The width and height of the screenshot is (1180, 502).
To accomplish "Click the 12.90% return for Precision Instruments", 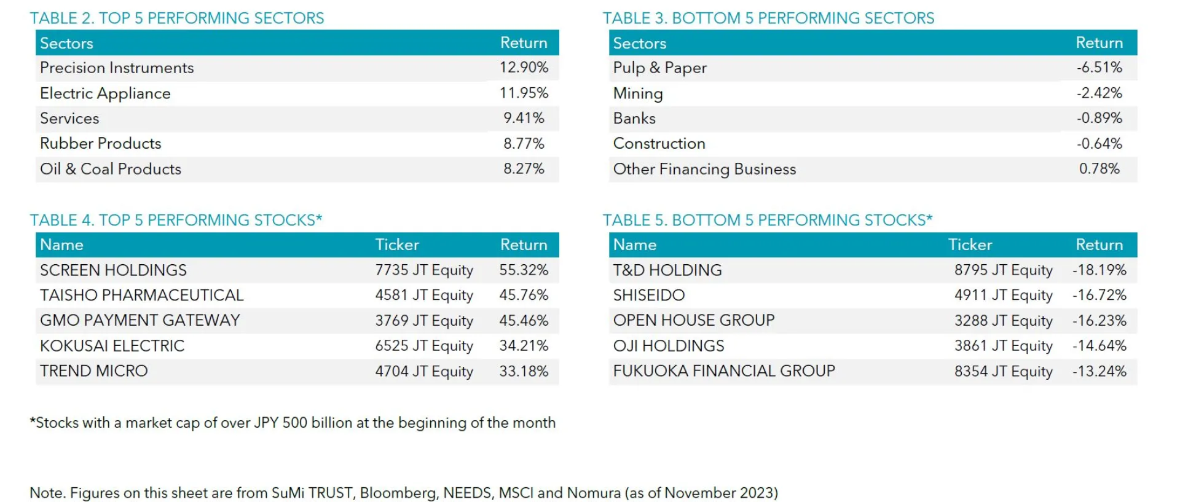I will click(523, 68).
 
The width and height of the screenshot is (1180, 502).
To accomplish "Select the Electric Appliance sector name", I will click(105, 93).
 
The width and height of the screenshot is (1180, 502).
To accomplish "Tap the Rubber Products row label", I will click(100, 144).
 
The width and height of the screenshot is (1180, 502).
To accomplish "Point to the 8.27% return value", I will click(524, 169).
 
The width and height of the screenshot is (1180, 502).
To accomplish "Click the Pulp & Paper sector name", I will click(659, 68).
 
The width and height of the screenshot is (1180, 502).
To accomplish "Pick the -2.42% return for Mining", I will click(1099, 93).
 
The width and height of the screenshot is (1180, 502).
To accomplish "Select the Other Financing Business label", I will click(704, 169).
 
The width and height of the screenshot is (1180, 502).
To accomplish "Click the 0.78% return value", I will click(1099, 169).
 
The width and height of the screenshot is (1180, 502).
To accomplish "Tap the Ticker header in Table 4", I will click(397, 245).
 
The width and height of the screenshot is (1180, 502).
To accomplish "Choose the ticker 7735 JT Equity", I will click(424, 270).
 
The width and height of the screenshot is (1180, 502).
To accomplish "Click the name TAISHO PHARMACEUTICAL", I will click(141, 296).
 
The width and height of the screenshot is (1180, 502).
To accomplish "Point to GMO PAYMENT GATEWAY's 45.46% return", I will click(523, 321).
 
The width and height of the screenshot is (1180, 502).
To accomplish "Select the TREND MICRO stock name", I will click(93, 371).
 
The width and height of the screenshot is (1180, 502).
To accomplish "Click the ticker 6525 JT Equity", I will click(424, 346).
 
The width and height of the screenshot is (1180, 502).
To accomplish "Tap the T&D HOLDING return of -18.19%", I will click(1099, 270).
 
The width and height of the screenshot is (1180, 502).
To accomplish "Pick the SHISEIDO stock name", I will click(648, 296).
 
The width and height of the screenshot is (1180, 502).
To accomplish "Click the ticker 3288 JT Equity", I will click(1003, 321).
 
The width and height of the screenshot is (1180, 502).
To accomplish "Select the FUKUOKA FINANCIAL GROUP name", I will click(723, 371).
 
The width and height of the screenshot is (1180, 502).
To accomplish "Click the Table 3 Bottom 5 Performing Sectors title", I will click(768, 18).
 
